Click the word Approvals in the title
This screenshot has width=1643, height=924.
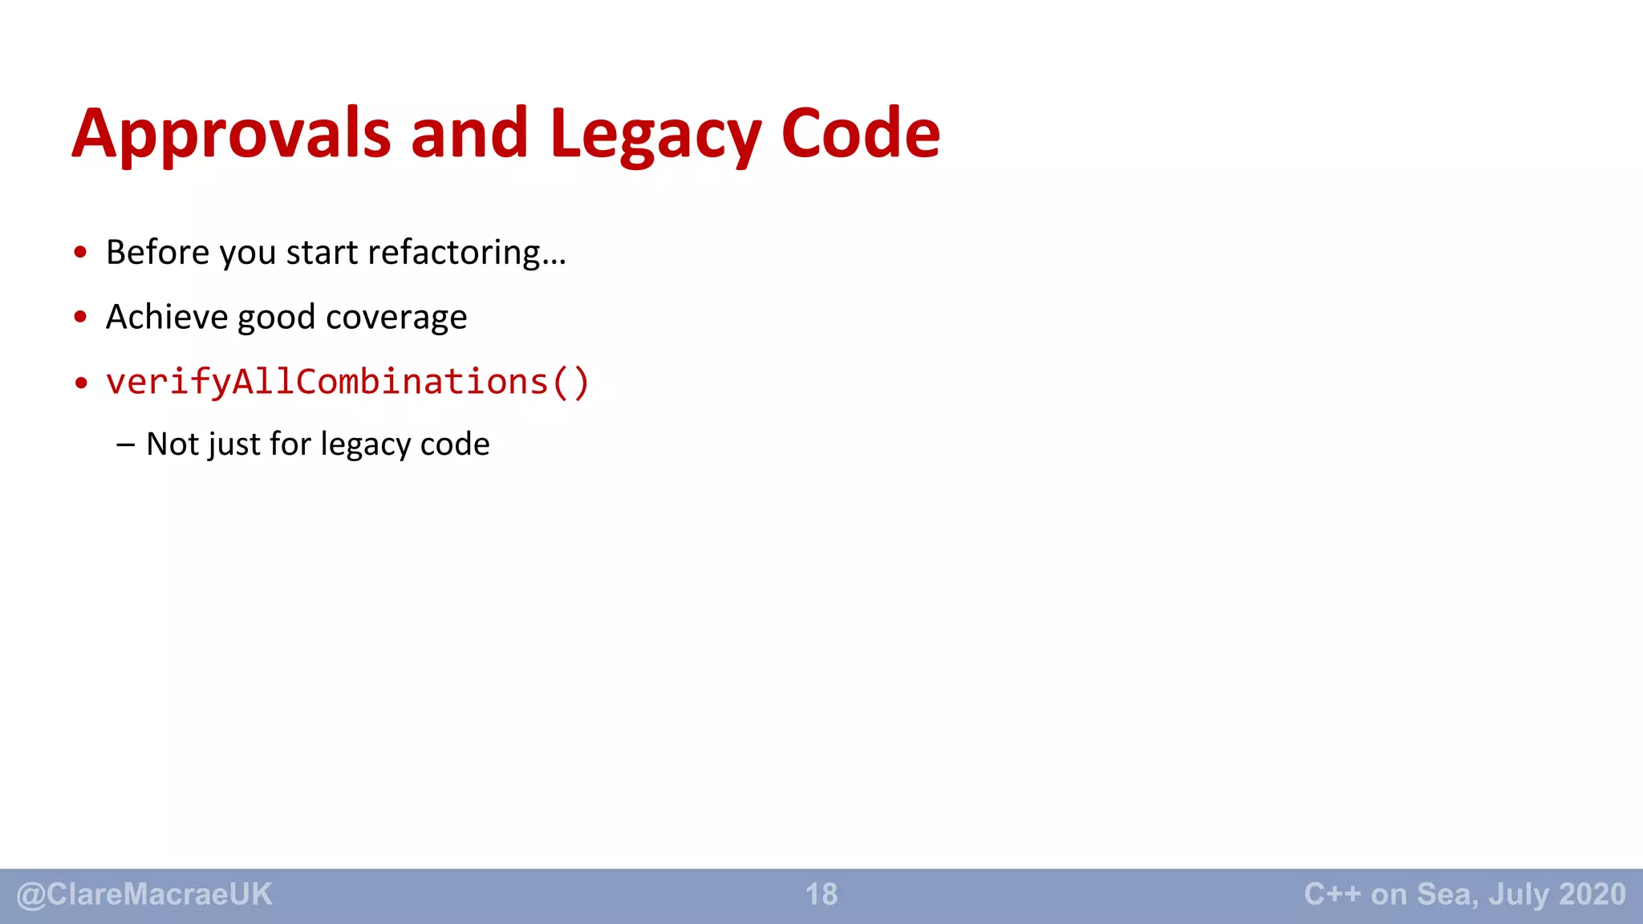[x=232, y=134]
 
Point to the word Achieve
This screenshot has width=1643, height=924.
[x=166, y=317]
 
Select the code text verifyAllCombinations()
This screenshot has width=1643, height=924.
[x=347, y=382]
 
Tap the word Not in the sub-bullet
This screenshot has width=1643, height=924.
[x=172, y=444]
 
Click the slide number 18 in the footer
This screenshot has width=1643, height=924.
[x=821, y=894]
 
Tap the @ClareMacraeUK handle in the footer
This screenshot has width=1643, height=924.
[x=144, y=894]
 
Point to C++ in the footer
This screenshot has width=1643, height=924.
[x=1332, y=894]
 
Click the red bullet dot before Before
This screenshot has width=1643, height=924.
[x=80, y=253]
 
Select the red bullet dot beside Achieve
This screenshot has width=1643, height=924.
[x=80, y=318]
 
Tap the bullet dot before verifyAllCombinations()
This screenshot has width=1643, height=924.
[x=80, y=383]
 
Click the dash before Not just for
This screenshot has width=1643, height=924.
[x=125, y=444]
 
